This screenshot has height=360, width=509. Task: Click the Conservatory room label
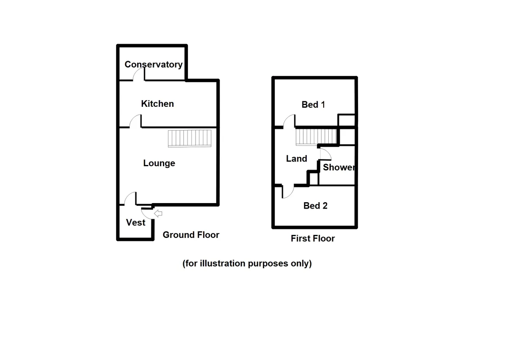click(x=153, y=64)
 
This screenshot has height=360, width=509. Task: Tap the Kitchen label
click(x=157, y=104)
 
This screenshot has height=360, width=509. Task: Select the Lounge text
click(x=159, y=163)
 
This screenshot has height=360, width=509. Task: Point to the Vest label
click(x=136, y=223)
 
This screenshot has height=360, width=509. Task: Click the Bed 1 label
click(x=313, y=104)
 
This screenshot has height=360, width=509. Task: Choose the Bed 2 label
click(x=315, y=206)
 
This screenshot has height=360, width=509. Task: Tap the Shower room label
click(x=338, y=167)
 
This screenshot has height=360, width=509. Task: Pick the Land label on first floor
click(x=296, y=159)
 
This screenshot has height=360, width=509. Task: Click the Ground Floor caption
click(x=191, y=235)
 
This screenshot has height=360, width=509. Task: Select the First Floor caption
click(x=313, y=239)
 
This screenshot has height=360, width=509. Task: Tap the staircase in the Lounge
click(x=190, y=138)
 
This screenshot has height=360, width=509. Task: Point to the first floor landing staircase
click(x=316, y=137)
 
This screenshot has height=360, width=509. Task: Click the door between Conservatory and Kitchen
click(x=139, y=75)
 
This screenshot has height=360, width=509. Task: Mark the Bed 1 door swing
click(x=290, y=121)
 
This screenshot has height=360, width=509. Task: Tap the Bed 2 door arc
click(x=288, y=192)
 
